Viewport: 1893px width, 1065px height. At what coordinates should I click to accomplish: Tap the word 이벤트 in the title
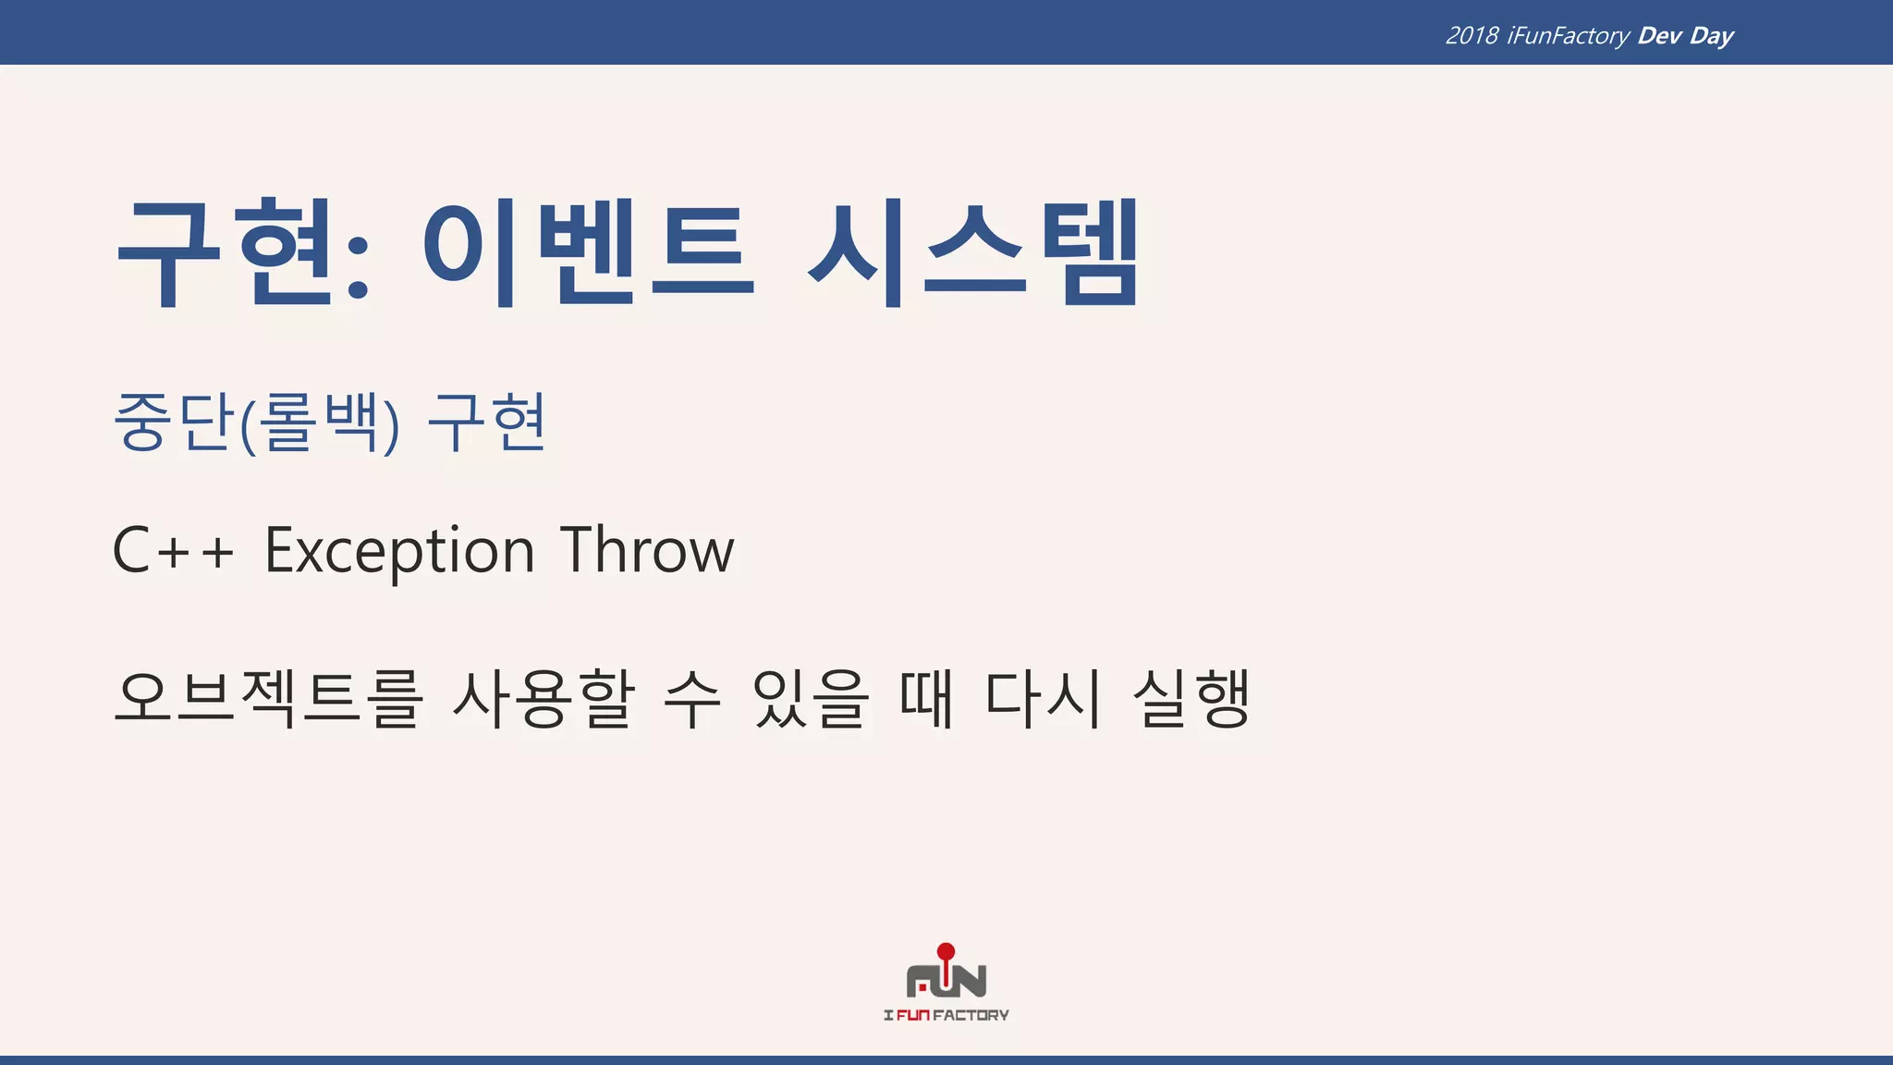click(588, 251)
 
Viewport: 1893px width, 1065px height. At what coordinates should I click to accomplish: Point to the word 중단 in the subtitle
click(172, 422)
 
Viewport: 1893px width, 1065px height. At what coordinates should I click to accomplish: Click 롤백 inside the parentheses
click(319, 422)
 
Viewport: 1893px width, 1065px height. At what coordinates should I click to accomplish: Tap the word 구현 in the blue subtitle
click(487, 422)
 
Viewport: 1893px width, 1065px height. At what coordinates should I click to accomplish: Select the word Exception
click(399, 551)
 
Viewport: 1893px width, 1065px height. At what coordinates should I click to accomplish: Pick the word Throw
click(647, 551)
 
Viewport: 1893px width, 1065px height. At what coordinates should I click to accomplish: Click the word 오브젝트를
click(268, 698)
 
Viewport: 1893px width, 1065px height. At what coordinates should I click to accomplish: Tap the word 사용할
click(543, 698)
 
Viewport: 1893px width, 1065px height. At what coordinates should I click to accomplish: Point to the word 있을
click(811, 698)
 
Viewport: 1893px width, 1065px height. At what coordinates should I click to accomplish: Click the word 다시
click(1044, 698)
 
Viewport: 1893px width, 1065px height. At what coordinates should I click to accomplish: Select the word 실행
click(1191, 698)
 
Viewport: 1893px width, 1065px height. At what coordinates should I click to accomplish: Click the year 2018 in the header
click(1472, 36)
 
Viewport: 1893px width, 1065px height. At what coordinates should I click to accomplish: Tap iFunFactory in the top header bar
click(1568, 36)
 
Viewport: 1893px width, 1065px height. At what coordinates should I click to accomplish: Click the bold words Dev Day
click(1685, 36)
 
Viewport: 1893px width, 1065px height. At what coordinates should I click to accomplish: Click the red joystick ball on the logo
click(946, 951)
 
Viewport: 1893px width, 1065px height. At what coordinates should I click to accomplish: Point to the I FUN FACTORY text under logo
click(946, 1015)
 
